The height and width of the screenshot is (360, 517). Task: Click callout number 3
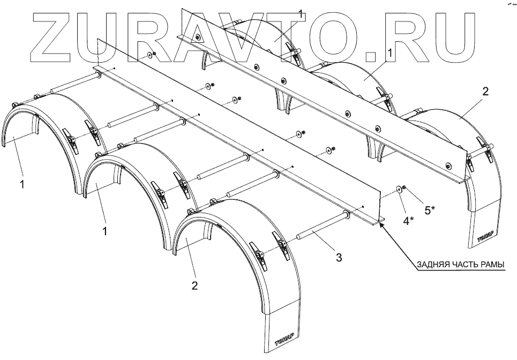point(339,258)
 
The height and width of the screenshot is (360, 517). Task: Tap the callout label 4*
point(408,220)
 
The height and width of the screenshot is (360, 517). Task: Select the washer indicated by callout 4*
point(400,189)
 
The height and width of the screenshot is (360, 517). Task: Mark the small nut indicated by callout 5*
point(405,187)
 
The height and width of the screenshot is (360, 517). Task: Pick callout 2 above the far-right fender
point(485,92)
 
